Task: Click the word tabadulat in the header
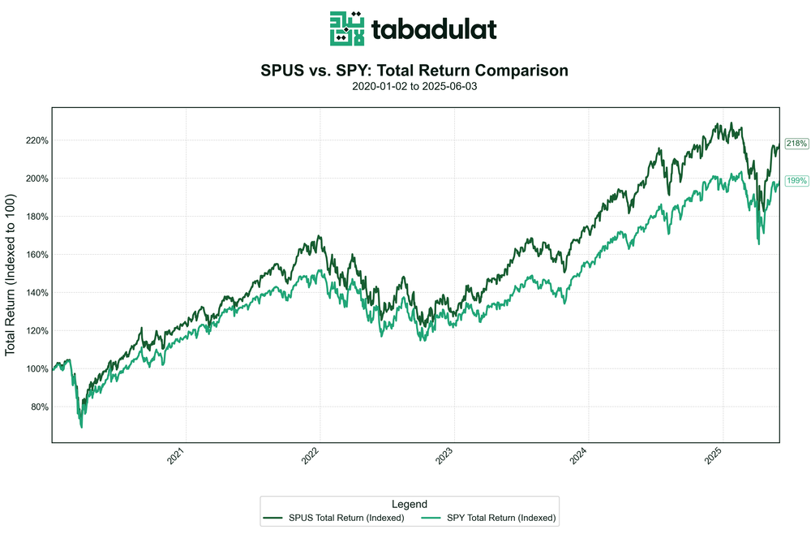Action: pyautogui.click(x=434, y=30)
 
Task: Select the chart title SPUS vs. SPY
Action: pyautogui.click(x=414, y=71)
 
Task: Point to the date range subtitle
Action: pyautogui.click(x=414, y=86)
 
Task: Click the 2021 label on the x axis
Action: pyautogui.click(x=182, y=456)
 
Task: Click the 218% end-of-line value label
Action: pyautogui.click(x=796, y=144)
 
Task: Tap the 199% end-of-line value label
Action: pyautogui.click(x=796, y=180)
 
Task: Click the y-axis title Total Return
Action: pyautogui.click(x=11, y=274)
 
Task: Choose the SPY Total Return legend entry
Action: pyautogui.click(x=491, y=517)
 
